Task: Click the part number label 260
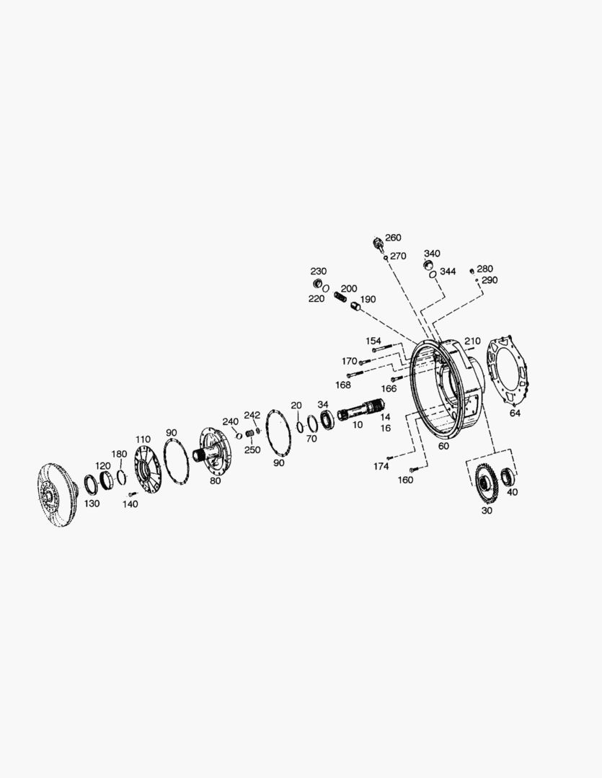[393, 238]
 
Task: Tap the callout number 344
[448, 272]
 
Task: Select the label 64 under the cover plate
[515, 413]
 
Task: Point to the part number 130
[92, 504]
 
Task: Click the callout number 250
[252, 450]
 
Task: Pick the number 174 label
[381, 466]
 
